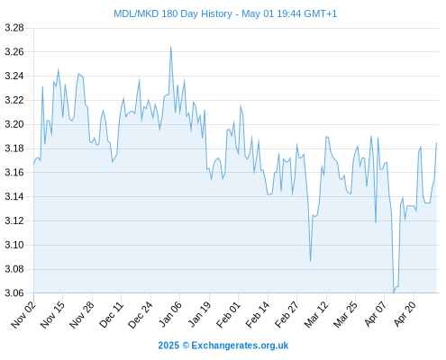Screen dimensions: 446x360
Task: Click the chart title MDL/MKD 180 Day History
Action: (x=173, y=13)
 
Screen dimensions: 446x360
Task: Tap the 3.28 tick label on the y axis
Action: (x=14, y=28)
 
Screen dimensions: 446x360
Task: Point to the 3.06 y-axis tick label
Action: (x=14, y=292)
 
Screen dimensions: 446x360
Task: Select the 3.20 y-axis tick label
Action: (x=14, y=124)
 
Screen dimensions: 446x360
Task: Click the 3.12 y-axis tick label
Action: (x=14, y=220)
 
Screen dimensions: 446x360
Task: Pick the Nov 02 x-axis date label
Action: (x=23, y=315)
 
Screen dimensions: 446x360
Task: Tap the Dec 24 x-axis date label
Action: (x=141, y=315)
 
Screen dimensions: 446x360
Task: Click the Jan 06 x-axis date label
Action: (x=170, y=315)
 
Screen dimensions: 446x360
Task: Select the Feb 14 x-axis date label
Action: (x=258, y=315)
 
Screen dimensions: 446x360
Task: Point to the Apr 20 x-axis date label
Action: (x=405, y=314)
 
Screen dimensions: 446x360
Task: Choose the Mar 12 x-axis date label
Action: (x=316, y=315)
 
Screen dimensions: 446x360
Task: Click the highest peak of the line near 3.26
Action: (x=170, y=47)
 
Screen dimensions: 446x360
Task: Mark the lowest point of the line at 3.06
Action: (x=394, y=292)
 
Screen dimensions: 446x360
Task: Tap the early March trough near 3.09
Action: (x=310, y=261)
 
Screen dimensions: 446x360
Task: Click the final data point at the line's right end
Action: (x=436, y=143)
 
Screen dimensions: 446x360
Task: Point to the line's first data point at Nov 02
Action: (x=33, y=164)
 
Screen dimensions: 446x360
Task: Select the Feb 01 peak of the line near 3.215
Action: (x=241, y=105)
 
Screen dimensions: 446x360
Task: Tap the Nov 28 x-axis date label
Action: (x=82, y=315)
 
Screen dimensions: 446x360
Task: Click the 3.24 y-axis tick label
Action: (x=14, y=76)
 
